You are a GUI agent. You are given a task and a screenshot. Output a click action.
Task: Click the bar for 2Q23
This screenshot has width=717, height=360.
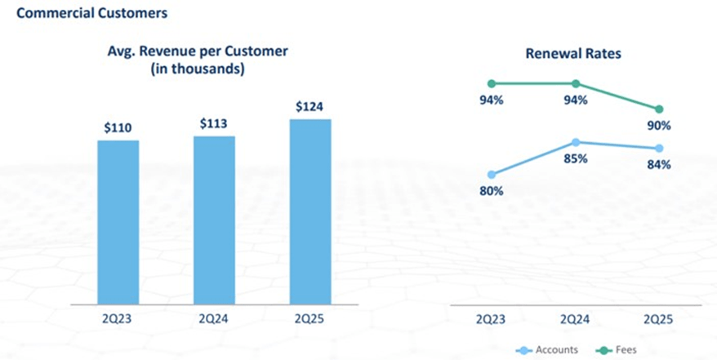pyautogui.click(x=118, y=221)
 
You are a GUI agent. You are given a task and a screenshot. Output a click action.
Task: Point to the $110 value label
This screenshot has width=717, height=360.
pyautogui.click(x=118, y=127)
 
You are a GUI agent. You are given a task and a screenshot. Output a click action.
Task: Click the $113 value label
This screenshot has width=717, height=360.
pyautogui.click(x=214, y=123)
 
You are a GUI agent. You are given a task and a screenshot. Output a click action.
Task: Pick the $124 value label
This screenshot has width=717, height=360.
pyautogui.click(x=310, y=107)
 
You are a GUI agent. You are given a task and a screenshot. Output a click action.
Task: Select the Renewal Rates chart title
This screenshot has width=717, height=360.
pyautogui.click(x=572, y=54)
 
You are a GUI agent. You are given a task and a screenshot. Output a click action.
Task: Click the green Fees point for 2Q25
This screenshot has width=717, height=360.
pyautogui.click(x=660, y=109)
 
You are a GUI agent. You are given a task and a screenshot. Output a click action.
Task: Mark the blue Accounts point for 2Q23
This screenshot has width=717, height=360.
pyautogui.click(x=492, y=175)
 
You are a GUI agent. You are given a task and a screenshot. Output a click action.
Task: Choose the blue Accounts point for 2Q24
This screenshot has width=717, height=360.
pyautogui.click(x=576, y=142)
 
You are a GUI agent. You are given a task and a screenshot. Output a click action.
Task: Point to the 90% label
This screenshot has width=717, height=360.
pyautogui.click(x=660, y=126)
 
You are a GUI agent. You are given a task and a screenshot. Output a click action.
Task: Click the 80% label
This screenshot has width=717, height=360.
pyautogui.click(x=492, y=191)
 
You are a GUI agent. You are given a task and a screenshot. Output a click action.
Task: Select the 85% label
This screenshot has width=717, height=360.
pyautogui.click(x=576, y=158)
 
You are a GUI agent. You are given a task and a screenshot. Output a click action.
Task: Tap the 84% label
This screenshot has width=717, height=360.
pyautogui.click(x=660, y=164)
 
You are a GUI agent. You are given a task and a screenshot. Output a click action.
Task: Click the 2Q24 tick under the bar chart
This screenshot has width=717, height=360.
pyautogui.click(x=214, y=318)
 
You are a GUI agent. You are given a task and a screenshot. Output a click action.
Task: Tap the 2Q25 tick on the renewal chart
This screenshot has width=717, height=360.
pyautogui.click(x=660, y=318)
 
